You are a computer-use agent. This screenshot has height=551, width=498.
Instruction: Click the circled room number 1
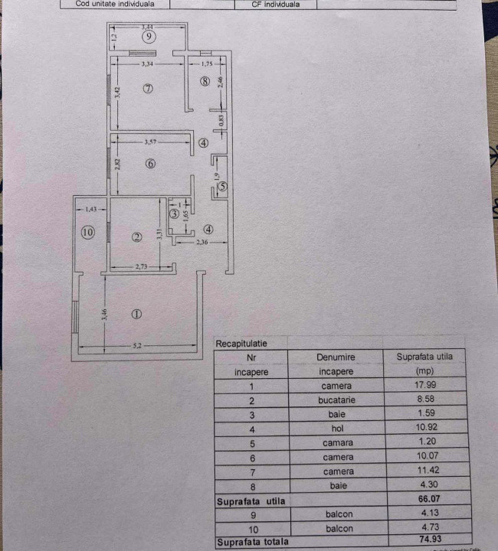tap(136, 313)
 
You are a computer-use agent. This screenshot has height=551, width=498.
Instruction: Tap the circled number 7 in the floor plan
tap(149, 89)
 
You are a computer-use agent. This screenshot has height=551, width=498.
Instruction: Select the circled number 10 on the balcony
tap(87, 232)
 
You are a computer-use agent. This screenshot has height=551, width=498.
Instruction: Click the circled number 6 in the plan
tap(150, 163)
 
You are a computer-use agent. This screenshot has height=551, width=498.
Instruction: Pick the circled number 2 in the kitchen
tap(136, 237)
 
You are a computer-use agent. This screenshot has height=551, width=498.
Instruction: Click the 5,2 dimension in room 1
tap(138, 346)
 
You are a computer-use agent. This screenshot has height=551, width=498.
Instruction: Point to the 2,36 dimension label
tap(202, 243)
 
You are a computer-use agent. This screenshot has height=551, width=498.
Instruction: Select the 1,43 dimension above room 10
tap(92, 208)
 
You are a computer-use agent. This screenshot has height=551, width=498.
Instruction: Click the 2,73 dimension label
tap(141, 265)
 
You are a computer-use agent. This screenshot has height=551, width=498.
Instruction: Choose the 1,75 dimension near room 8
tap(196, 65)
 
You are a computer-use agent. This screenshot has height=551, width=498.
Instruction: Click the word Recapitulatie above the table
tap(241, 344)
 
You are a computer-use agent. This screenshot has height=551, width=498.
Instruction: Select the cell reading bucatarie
tap(337, 399)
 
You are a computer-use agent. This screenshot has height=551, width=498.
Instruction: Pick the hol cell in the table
tap(337, 428)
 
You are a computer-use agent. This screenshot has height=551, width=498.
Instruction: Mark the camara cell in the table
tap(337, 442)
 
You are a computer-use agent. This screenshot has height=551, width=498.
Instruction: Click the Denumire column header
tap(337, 357)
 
